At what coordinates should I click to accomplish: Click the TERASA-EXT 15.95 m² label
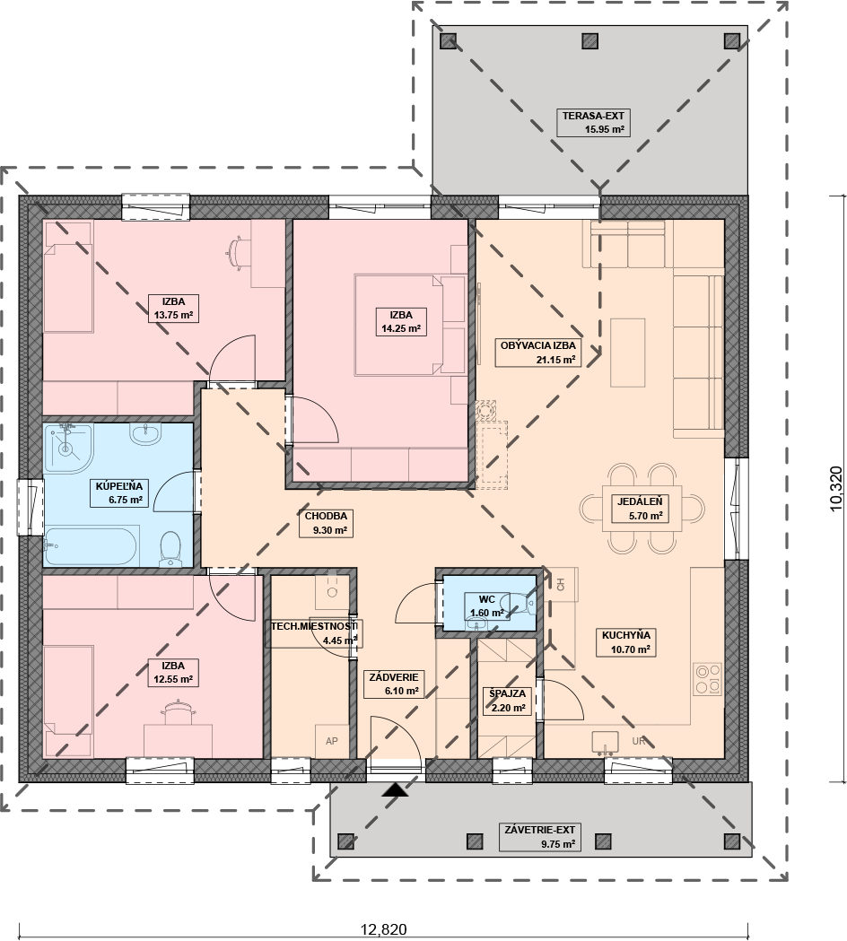(x=594, y=122)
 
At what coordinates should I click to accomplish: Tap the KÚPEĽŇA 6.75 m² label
(x=119, y=492)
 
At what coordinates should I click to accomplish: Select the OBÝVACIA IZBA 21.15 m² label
(x=537, y=353)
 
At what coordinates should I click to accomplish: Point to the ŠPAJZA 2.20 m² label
(x=508, y=701)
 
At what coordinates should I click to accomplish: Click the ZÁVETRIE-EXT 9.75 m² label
(x=539, y=837)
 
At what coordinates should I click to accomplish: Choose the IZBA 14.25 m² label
(x=401, y=322)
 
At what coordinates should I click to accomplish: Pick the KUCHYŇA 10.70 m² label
(x=626, y=641)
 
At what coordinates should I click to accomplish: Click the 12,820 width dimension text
(x=384, y=929)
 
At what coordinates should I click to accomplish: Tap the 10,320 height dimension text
(x=836, y=489)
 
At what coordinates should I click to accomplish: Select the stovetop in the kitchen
(x=708, y=678)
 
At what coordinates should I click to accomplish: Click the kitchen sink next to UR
(x=605, y=743)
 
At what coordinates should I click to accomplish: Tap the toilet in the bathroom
(x=170, y=548)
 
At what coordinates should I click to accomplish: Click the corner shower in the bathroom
(x=68, y=448)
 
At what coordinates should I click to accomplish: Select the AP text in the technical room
(x=332, y=741)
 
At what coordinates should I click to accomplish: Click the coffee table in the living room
(x=628, y=353)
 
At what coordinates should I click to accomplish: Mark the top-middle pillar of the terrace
(x=590, y=40)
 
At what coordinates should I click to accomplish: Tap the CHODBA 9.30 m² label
(x=326, y=523)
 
